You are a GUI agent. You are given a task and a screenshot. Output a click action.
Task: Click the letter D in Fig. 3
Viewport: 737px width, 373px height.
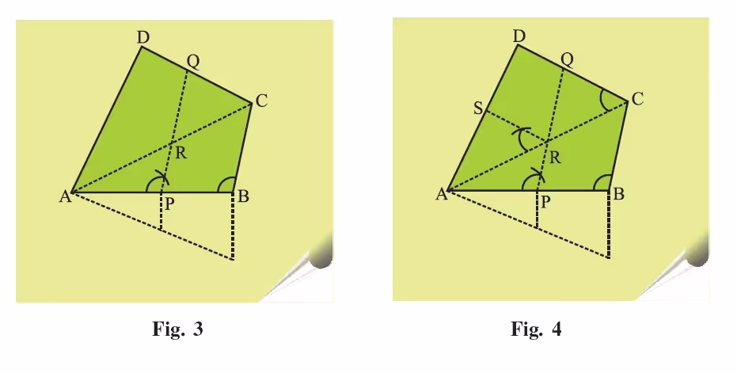142,38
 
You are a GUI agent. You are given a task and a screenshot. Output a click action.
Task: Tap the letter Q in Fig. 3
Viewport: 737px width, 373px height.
192,62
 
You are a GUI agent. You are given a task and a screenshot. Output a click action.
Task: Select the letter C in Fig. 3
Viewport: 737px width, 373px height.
261,101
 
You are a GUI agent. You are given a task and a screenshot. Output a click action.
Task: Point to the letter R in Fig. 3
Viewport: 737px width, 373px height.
181,153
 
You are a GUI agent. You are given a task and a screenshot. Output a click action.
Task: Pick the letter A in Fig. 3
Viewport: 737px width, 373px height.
66,196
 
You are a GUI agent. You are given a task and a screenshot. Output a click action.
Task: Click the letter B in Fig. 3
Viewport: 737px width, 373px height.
243,196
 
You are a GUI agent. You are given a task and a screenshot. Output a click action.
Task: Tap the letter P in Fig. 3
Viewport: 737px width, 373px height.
169,204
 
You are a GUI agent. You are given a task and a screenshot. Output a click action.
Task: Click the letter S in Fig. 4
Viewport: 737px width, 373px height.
478,108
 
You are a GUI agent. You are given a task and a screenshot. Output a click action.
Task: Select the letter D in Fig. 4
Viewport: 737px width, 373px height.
519,36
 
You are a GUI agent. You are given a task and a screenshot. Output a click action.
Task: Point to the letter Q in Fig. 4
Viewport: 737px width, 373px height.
568,60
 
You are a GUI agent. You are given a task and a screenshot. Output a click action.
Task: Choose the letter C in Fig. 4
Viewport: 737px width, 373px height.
637,99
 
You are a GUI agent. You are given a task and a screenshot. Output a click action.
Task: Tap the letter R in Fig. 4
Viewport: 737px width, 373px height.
555,158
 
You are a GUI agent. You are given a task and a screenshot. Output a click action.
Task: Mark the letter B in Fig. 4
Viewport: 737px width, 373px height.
619,194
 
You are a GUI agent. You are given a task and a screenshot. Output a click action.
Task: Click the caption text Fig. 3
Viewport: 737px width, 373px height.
177,329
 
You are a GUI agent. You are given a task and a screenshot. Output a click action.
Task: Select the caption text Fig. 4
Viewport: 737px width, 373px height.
536,329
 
